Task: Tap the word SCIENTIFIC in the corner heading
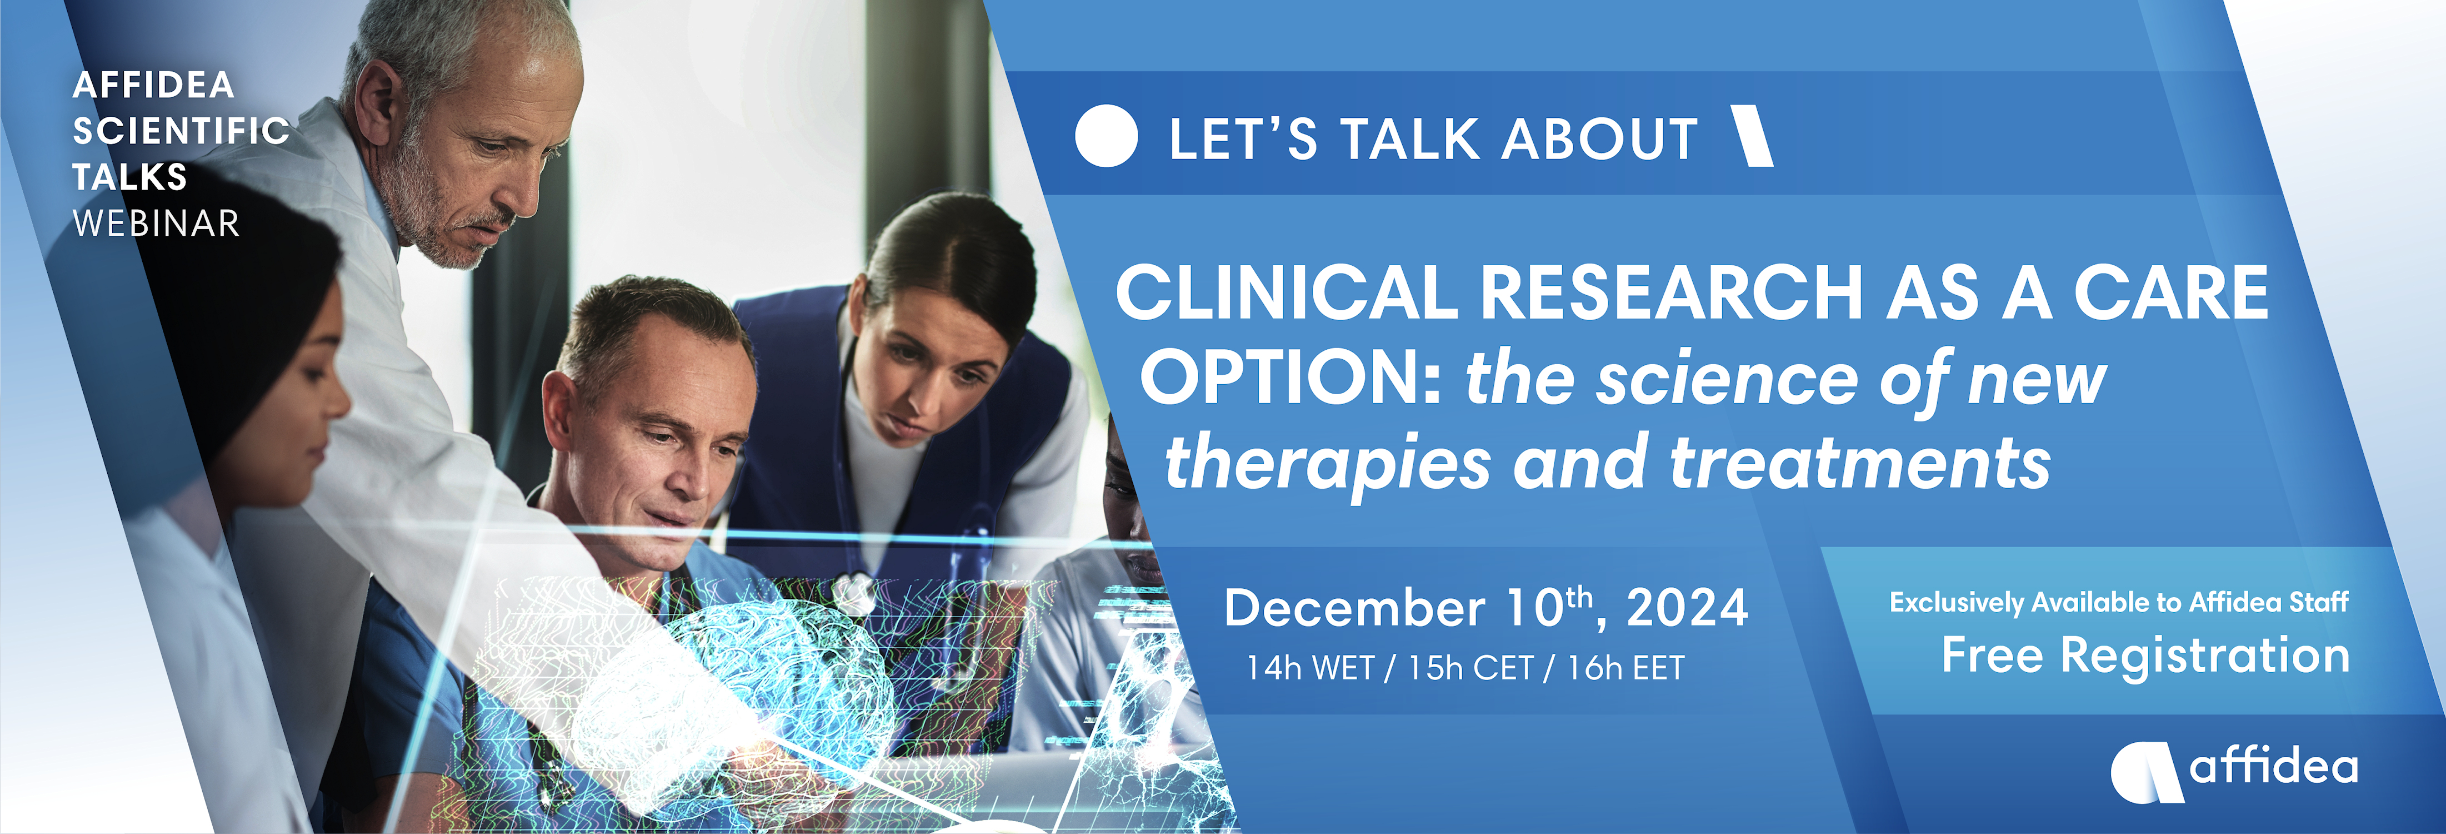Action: (181, 131)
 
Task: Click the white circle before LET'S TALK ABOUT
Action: (1106, 136)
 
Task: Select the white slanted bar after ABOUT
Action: (1753, 136)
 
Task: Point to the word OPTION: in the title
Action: (1292, 377)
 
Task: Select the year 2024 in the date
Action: (1687, 608)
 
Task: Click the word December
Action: (1354, 608)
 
